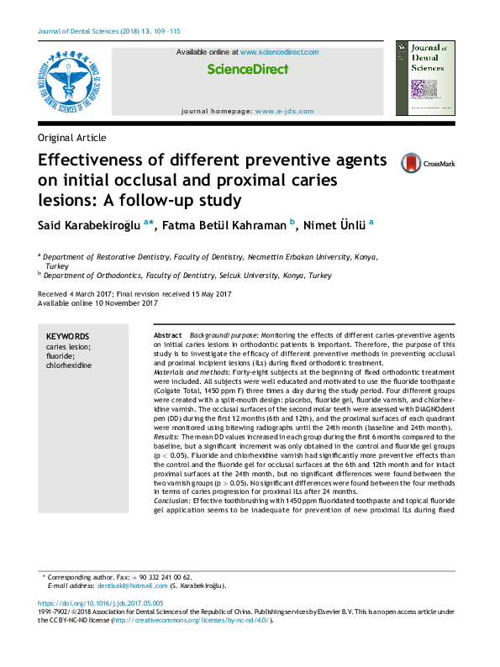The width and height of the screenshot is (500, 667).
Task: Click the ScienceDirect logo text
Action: click(x=247, y=70)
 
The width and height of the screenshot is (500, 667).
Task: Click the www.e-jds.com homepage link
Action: click(x=284, y=111)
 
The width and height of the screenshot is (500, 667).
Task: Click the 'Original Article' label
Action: click(x=72, y=138)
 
